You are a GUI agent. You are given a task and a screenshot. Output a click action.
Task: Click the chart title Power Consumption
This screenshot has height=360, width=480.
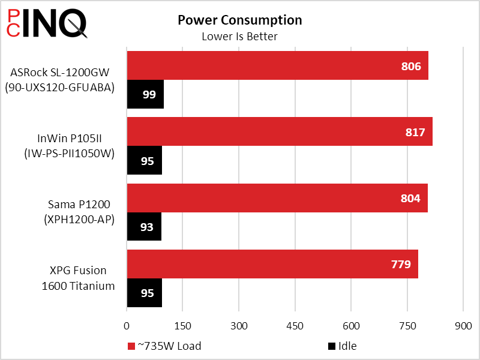coord(239,20)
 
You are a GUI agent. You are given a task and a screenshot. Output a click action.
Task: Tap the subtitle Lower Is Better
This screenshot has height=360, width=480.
coord(239,37)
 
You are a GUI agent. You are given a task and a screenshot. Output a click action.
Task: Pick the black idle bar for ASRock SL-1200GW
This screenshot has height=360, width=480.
coord(145,94)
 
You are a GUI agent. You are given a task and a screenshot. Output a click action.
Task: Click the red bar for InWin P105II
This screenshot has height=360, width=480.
coord(279,131)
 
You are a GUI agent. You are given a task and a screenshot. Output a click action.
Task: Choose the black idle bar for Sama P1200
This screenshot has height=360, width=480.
coord(144,227)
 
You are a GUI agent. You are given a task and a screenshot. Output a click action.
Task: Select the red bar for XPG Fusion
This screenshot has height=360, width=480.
coord(272,264)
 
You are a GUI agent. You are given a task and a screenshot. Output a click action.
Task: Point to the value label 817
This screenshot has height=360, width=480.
coord(415,132)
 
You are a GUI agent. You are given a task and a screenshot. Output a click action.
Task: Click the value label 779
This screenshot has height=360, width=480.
coord(401,265)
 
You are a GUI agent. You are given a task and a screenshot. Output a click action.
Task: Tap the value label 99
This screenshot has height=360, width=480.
coord(149,95)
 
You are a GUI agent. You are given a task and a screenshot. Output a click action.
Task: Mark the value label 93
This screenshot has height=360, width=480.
coord(147,227)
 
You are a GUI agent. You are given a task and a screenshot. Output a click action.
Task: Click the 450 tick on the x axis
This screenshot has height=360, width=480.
coord(295,326)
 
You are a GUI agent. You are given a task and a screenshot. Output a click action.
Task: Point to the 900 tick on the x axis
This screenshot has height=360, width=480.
coord(463,326)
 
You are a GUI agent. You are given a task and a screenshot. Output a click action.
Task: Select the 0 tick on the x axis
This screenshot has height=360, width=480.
coord(127,326)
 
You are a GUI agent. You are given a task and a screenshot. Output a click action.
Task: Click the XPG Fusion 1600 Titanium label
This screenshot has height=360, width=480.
coord(78,278)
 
